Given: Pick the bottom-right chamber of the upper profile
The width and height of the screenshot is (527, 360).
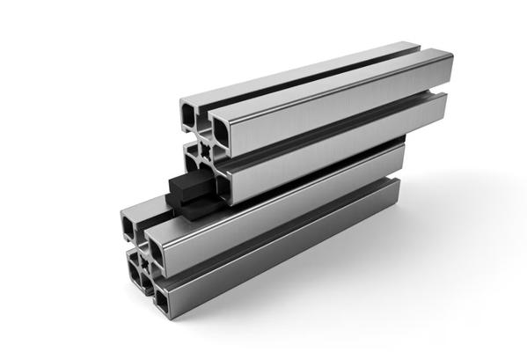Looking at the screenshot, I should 220,186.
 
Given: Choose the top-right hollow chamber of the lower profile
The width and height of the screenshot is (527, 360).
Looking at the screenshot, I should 156,251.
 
